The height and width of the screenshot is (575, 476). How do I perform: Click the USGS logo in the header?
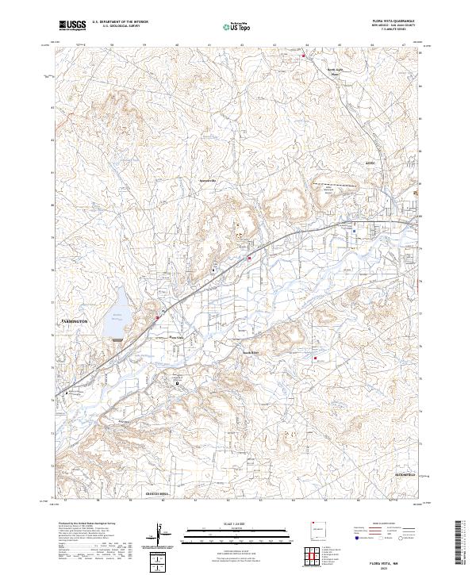pyautogui.click(x=72, y=26)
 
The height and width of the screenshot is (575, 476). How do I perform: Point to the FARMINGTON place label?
pyautogui.click(x=79, y=320)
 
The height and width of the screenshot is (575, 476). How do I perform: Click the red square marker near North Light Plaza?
pyautogui.click(x=302, y=56)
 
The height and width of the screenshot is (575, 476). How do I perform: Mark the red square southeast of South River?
pyautogui.click(x=316, y=358)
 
